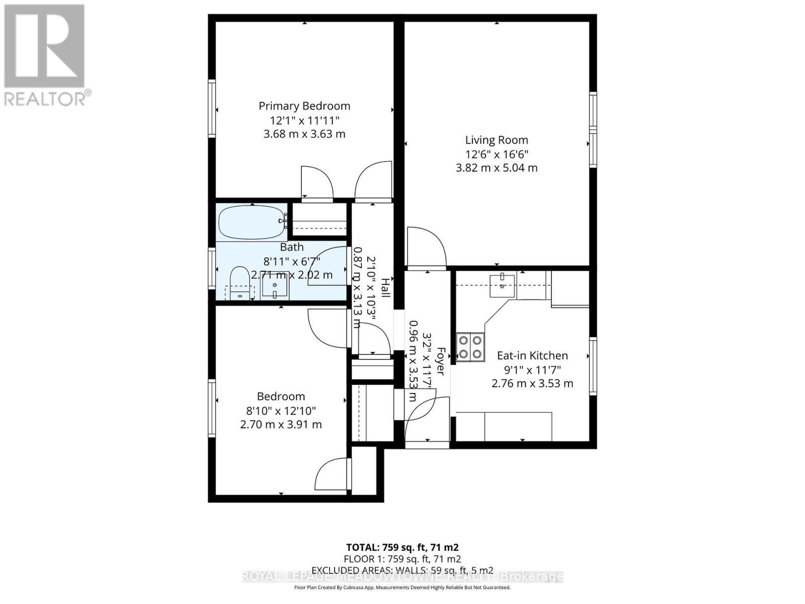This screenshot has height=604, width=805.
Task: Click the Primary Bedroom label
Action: (x=304, y=106)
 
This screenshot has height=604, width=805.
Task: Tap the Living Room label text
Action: (x=496, y=140)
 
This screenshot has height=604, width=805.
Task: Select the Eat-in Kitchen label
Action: (x=532, y=356)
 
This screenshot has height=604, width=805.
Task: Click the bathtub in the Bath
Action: (x=252, y=222)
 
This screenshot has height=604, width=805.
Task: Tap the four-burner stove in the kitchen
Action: (x=470, y=347)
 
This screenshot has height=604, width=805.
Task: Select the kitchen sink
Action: (x=503, y=285)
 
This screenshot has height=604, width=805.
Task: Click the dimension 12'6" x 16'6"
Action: (x=496, y=154)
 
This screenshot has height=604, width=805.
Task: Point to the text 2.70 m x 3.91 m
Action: (x=281, y=424)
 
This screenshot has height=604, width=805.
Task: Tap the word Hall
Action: (x=385, y=287)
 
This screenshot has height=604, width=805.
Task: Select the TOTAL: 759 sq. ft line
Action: (x=402, y=547)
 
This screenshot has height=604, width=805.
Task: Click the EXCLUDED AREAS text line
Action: (x=402, y=570)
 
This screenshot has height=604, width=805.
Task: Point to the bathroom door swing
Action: (x=327, y=266)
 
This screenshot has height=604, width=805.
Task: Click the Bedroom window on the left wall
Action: (x=212, y=408)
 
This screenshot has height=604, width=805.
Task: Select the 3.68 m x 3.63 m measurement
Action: (x=304, y=134)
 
